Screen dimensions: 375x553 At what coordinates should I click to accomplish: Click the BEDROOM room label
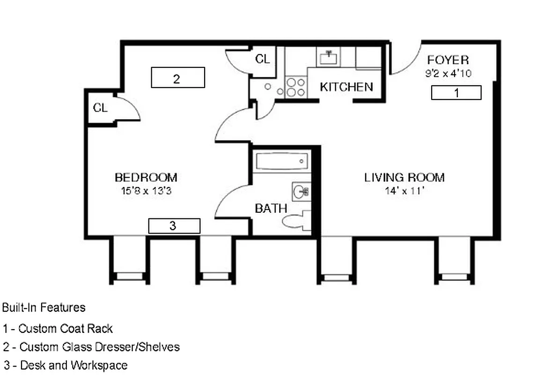(x=146, y=178)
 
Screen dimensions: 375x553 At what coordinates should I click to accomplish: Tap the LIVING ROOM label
(x=405, y=178)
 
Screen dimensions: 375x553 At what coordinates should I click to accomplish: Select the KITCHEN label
(x=347, y=87)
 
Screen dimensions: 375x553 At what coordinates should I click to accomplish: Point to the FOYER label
(x=448, y=60)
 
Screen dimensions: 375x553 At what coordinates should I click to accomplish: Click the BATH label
(x=271, y=209)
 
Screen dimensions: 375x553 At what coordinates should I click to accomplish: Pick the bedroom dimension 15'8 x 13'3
(x=146, y=191)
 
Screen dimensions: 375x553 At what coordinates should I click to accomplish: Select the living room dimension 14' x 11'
(x=405, y=191)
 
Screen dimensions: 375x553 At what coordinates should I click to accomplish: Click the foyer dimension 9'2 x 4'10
(x=448, y=73)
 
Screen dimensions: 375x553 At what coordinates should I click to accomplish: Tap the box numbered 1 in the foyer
(x=456, y=93)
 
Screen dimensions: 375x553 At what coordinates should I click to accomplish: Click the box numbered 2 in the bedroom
(x=178, y=77)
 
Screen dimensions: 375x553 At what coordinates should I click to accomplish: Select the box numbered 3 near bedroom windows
(x=174, y=226)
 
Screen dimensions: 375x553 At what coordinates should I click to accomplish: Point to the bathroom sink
(x=301, y=191)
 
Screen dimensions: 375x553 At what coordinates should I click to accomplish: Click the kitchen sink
(x=329, y=58)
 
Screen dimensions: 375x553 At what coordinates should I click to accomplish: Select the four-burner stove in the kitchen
(x=295, y=87)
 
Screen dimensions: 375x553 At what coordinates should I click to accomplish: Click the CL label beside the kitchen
(x=262, y=59)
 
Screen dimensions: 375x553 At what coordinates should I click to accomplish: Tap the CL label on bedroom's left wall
(x=100, y=108)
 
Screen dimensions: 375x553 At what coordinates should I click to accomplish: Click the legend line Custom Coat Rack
(x=58, y=329)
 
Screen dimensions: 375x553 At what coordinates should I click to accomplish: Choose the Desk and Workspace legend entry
(x=65, y=365)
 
